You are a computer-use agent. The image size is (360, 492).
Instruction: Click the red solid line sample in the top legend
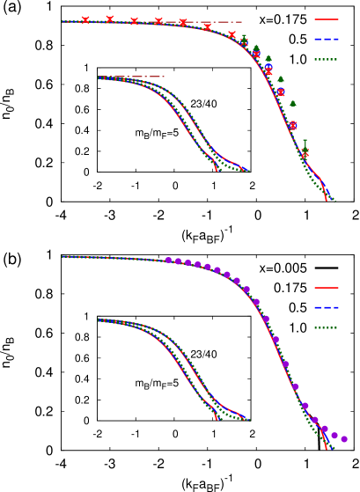tap(327, 19)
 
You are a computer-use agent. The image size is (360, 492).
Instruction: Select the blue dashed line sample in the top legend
tap(327, 39)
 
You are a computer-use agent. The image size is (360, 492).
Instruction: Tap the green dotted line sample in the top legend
tap(327, 60)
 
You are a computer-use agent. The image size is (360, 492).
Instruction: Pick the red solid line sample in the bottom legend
tap(327, 288)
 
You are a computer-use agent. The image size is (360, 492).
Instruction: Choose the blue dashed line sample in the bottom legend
tap(327, 307)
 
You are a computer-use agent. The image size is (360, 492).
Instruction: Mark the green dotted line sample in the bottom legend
tap(327, 327)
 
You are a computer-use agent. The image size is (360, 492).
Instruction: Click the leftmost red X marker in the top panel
tap(85, 20)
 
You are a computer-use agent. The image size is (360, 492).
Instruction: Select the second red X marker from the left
tap(110, 19)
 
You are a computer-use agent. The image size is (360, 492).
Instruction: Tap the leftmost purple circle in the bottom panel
tap(168, 261)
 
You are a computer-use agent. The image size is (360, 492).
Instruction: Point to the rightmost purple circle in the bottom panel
tap(344, 439)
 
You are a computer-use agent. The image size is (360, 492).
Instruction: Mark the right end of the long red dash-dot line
tap(241, 22)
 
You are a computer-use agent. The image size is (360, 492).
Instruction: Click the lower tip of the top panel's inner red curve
tap(217, 171)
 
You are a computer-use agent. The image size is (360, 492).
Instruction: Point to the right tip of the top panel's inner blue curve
tap(248, 171)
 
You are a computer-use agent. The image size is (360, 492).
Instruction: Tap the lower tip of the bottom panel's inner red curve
tap(217, 420)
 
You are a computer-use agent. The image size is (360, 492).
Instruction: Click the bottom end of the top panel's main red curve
tap(326, 201)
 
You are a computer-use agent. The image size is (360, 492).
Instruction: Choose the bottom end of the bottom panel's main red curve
tap(326, 449)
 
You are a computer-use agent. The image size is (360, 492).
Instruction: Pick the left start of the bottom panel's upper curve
tap(62, 257)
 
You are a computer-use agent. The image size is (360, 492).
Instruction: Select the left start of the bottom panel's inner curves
tap(99, 319)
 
